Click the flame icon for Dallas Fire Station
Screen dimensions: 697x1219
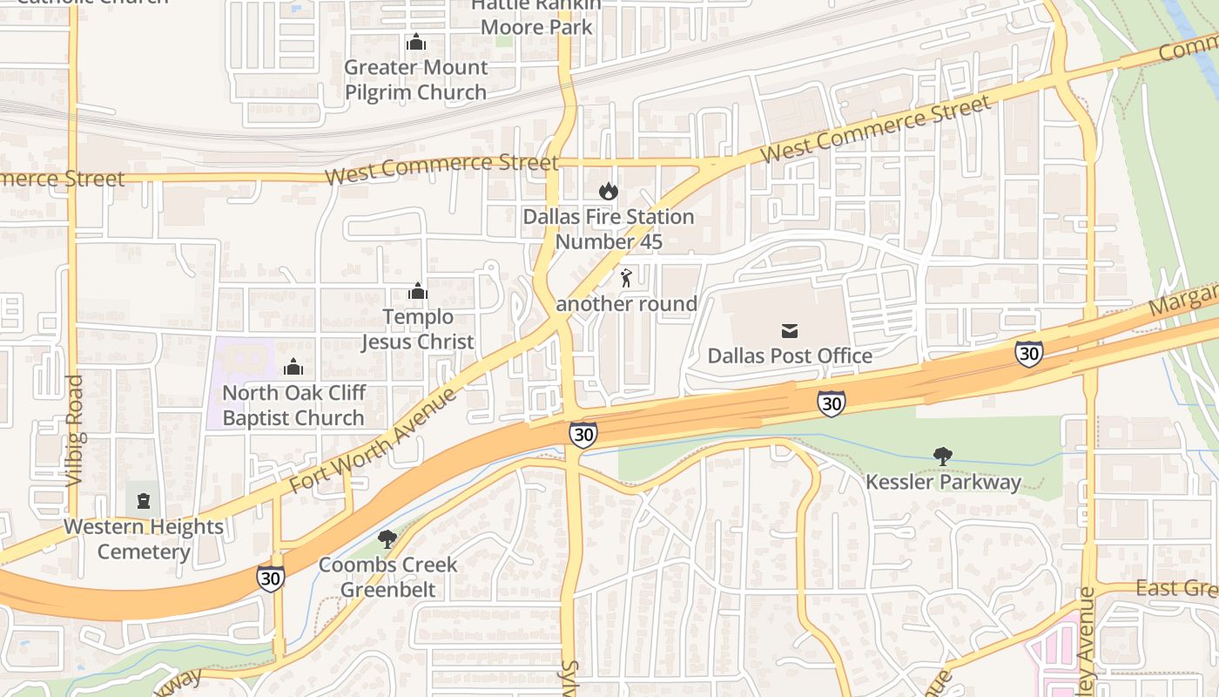(x=608, y=191)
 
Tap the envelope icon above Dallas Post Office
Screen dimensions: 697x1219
(x=790, y=330)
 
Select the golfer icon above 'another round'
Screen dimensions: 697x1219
(x=626, y=279)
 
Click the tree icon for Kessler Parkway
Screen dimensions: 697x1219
(x=942, y=456)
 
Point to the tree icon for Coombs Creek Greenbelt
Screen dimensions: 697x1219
(x=387, y=539)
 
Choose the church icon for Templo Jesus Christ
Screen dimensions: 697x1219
(x=418, y=291)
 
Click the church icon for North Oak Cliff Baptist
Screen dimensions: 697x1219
(x=293, y=367)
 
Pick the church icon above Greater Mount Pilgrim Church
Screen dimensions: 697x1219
(x=416, y=42)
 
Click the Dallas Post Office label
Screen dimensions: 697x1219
(x=790, y=355)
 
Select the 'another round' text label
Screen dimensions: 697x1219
(x=626, y=304)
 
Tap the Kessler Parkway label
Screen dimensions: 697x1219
(x=943, y=482)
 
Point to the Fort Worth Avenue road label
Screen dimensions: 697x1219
(x=374, y=441)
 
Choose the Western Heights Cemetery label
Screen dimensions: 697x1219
(x=144, y=539)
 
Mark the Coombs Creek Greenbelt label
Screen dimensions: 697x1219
(x=387, y=577)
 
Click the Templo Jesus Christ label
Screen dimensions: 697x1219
(x=418, y=329)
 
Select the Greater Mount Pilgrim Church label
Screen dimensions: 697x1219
(x=415, y=79)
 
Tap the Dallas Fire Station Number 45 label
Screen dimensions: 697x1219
(x=609, y=229)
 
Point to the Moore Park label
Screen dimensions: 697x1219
(x=536, y=26)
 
